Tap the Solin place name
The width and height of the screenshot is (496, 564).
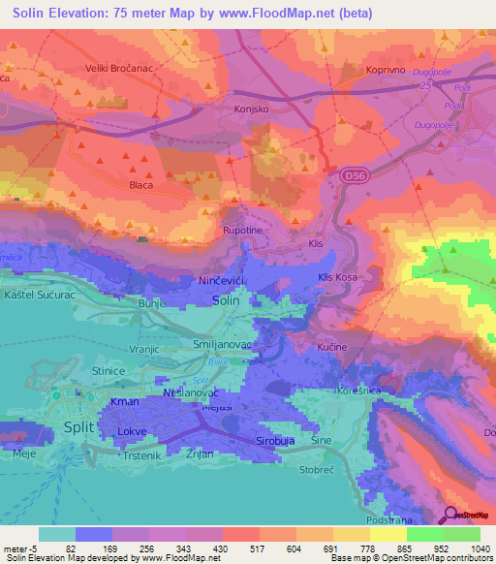point(225,301)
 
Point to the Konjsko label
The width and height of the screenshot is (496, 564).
point(251,110)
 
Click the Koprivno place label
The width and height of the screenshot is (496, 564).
point(390,70)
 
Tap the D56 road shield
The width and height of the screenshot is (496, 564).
point(353,175)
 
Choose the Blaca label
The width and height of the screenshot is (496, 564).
point(141,182)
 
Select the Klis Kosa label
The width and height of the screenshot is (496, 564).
point(338,278)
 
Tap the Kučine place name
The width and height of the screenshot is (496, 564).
point(332,346)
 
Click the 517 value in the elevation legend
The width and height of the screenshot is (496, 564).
point(241,548)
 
